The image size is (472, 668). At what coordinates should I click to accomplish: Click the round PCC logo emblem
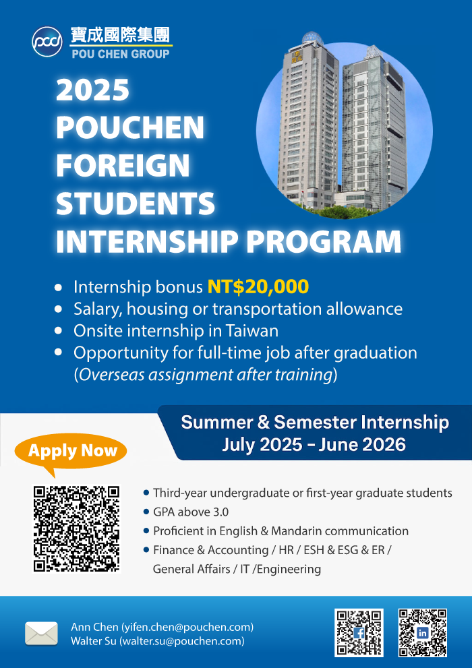point(47,42)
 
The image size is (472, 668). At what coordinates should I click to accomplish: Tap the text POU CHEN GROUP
point(121,54)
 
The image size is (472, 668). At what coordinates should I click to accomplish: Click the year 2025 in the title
point(92,90)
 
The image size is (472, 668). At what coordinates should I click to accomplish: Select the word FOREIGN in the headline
point(123,166)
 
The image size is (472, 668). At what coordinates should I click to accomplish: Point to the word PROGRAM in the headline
point(324,242)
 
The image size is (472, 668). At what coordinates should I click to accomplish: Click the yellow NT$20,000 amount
point(258,287)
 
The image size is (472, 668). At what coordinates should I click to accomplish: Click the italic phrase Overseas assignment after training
point(206,375)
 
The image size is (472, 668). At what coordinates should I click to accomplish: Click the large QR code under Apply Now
point(77,529)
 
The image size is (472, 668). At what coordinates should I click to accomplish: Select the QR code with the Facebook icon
point(359,633)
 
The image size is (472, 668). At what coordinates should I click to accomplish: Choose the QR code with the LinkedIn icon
point(423,633)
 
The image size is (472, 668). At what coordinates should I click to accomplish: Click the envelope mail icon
point(41,634)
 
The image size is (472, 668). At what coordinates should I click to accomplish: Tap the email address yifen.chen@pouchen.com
point(187,627)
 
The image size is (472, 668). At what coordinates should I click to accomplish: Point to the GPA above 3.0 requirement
point(191,512)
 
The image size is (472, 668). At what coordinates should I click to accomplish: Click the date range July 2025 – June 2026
point(314,445)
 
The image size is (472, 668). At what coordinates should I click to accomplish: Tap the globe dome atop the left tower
point(313,38)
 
